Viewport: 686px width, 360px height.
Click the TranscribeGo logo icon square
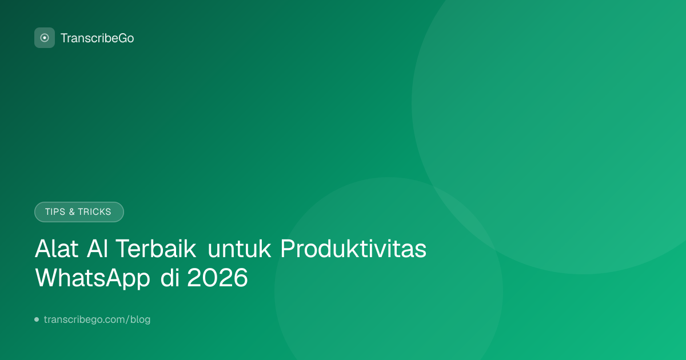(45, 38)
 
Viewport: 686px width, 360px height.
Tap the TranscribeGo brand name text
(97, 38)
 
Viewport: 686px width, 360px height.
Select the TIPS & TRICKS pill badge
(79, 212)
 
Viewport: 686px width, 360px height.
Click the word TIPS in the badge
(55, 212)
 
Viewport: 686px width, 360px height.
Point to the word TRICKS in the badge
(94, 212)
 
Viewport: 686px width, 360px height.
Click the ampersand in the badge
(71, 212)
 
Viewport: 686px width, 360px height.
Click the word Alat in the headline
(57, 249)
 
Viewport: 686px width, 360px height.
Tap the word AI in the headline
(97, 249)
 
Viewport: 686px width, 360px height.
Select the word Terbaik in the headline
(155, 249)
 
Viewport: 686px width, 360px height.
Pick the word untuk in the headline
(239, 249)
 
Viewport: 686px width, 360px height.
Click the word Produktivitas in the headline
(353, 249)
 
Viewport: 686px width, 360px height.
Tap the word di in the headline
(170, 277)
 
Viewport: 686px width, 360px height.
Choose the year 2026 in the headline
(217, 277)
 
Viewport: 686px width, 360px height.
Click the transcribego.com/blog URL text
(97, 319)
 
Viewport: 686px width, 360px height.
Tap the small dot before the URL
(37, 319)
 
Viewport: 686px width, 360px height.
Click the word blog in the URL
(140, 319)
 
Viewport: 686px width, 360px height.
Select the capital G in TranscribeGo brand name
(122, 38)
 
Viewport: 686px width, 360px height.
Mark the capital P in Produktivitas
(288, 248)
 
